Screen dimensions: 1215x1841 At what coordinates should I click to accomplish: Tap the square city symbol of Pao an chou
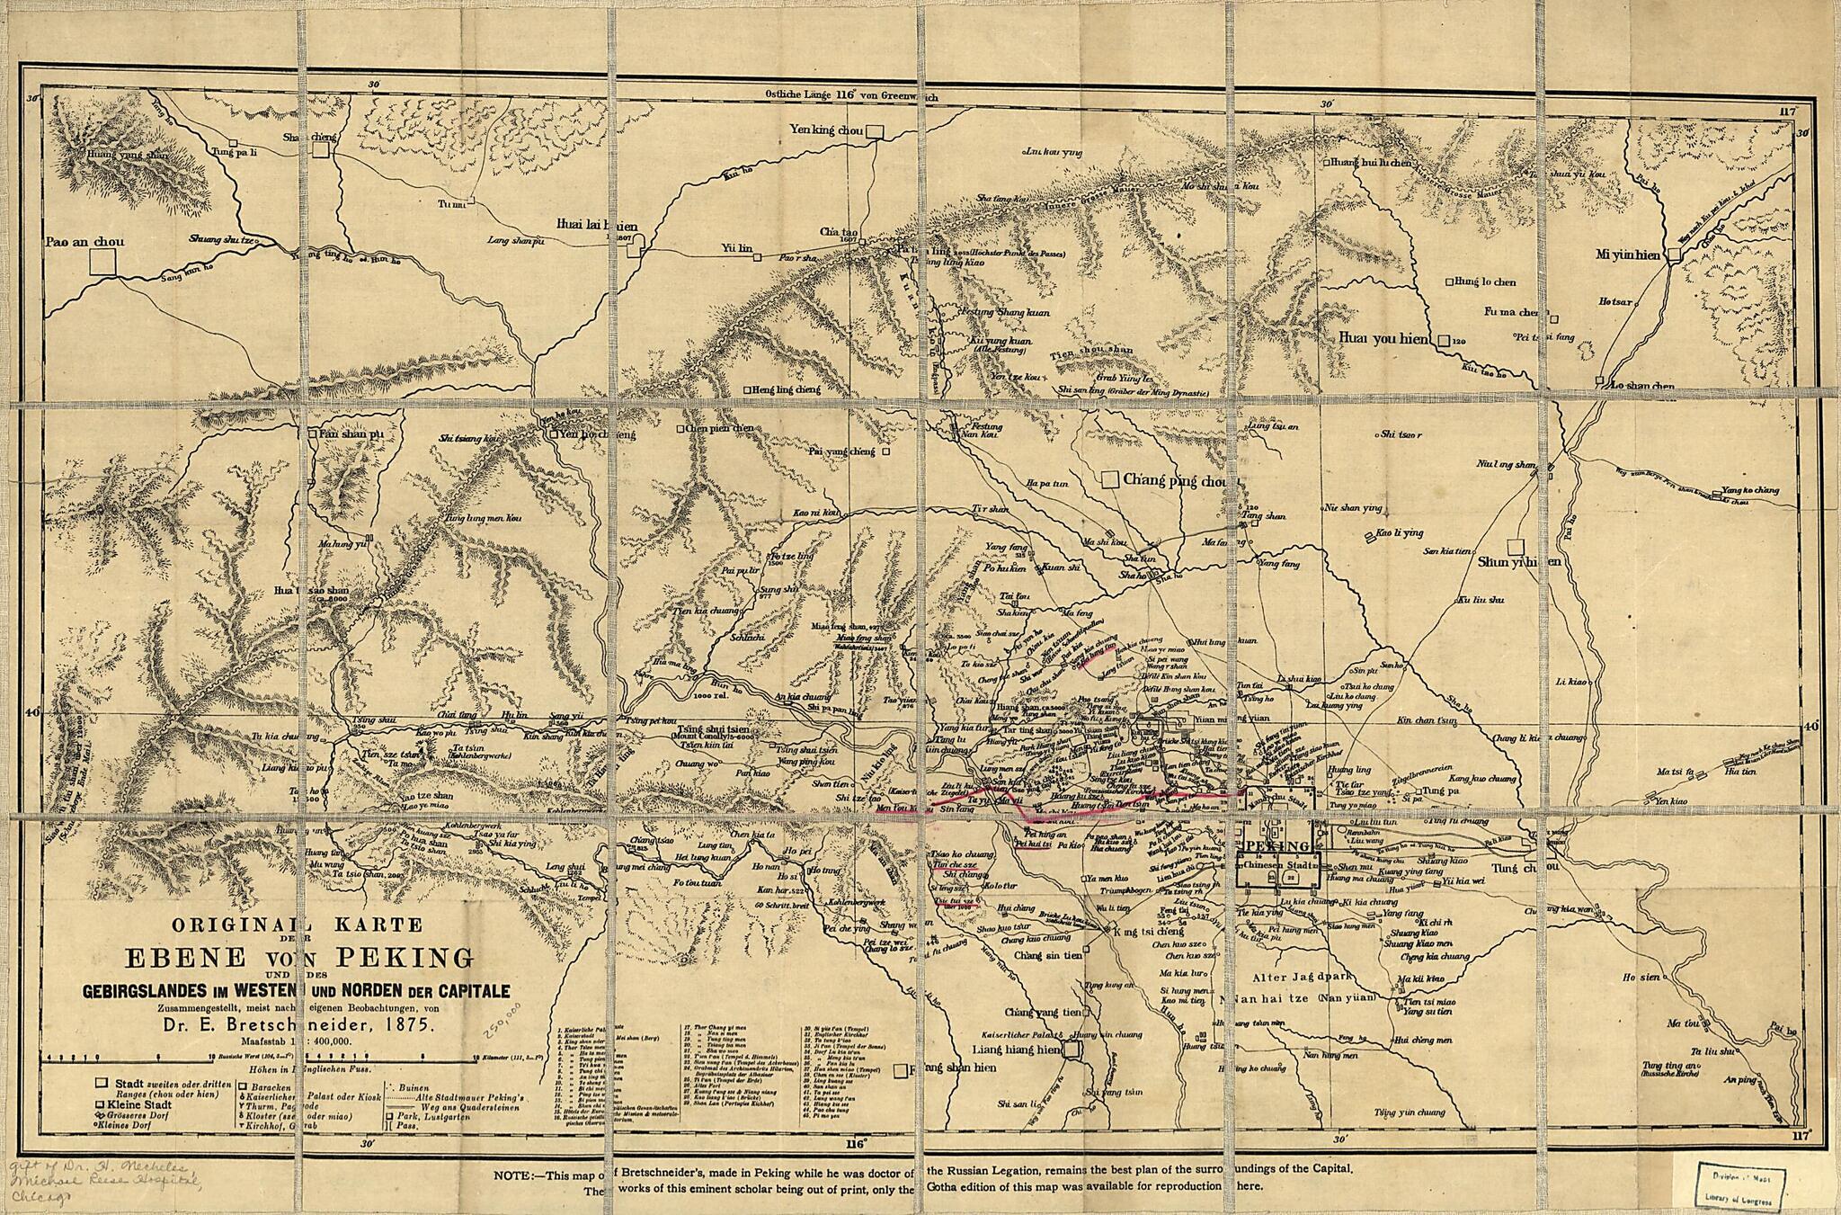pyautogui.click(x=103, y=262)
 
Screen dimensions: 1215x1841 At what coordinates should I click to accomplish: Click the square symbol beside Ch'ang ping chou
pyautogui.click(x=1110, y=479)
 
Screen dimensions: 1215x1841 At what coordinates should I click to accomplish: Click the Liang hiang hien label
pyautogui.click(x=1017, y=1049)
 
